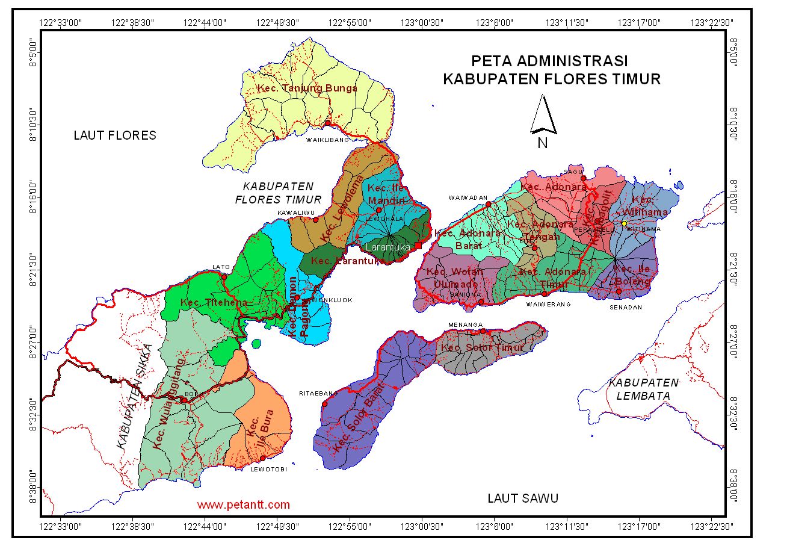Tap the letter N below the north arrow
542,143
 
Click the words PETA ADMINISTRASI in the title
549,61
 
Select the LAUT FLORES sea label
115,135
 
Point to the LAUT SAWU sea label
522,498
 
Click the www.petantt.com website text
243,504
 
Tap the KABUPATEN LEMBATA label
643,388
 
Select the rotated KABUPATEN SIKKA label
134,397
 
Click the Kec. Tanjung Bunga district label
307,88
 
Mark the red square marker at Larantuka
418,246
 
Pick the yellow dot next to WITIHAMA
624,223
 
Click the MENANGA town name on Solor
462,325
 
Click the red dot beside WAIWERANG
545,294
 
